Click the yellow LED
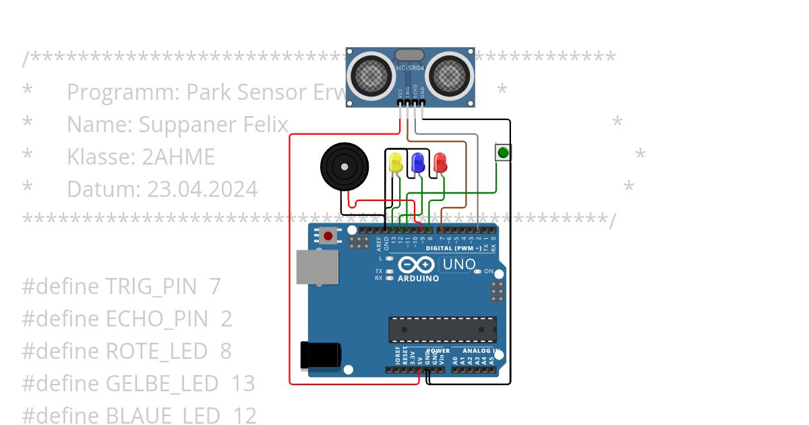click(x=396, y=163)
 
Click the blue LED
click(x=418, y=162)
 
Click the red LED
click(x=440, y=163)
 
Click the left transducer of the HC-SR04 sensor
click(x=370, y=74)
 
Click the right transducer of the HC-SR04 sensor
click(x=450, y=74)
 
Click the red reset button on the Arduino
click(x=328, y=236)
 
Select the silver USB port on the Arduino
click(x=318, y=266)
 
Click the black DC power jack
click(x=320, y=355)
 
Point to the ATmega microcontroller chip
click(x=442, y=329)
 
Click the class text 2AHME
click(x=178, y=157)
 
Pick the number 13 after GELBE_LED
click(x=243, y=384)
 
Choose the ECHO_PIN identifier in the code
click(x=157, y=319)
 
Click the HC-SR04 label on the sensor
click(x=410, y=69)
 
